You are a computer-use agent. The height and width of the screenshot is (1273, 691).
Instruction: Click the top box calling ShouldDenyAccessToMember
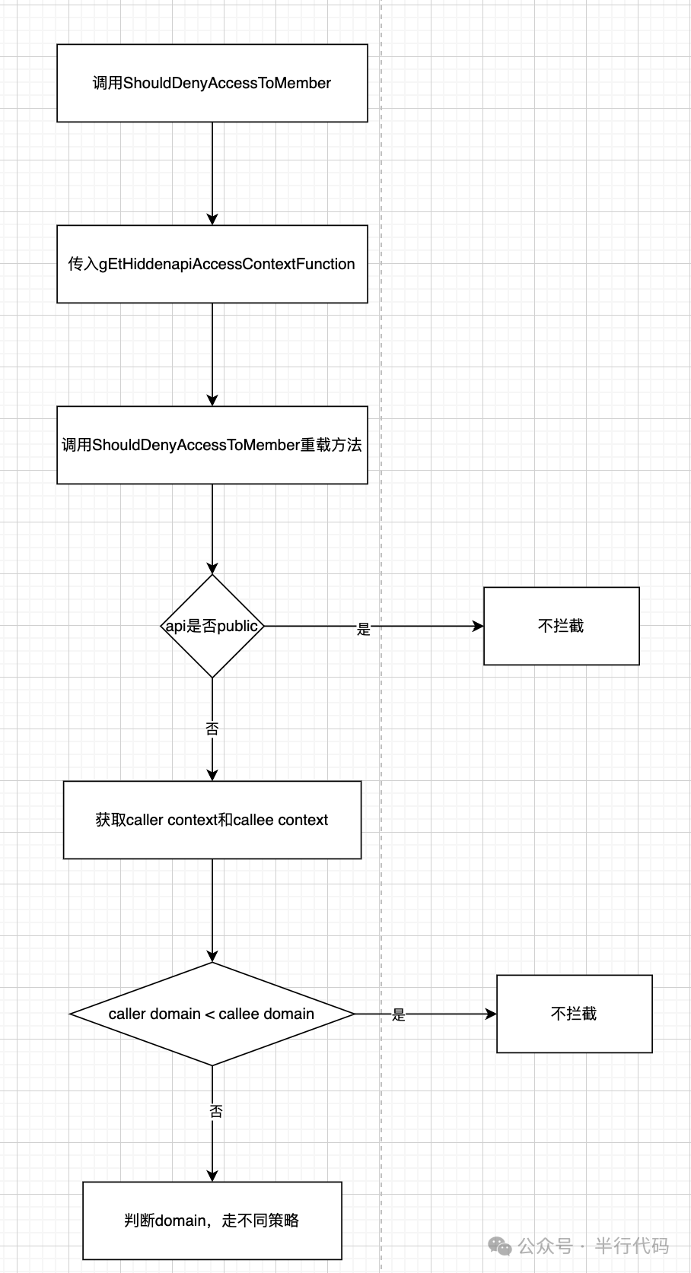pos(212,83)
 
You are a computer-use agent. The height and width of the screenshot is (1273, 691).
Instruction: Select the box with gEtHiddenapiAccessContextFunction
pos(212,264)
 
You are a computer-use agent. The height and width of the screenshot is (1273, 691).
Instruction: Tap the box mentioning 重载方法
pos(212,445)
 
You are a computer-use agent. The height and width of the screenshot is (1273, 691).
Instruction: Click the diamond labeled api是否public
pos(212,626)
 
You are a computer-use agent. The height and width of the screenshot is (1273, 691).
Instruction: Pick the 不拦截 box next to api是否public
pos(561,626)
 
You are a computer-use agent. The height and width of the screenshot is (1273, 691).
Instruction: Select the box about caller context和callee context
pos(212,820)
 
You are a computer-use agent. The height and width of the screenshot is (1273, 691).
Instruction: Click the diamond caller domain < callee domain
pos(212,1014)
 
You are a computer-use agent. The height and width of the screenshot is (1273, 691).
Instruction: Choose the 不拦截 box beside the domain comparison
pos(574,1014)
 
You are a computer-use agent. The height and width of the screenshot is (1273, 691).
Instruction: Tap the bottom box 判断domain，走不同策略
pos(212,1221)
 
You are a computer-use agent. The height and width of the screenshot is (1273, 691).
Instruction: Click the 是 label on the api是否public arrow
pos(364,629)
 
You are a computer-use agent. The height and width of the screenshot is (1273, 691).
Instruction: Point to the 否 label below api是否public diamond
pos(212,729)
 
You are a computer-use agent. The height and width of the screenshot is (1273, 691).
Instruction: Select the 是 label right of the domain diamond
pos(399,1015)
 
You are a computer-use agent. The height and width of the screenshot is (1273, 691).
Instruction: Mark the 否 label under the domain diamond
pos(216,1112)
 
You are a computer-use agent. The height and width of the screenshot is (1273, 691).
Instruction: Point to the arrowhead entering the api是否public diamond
pos(212,567)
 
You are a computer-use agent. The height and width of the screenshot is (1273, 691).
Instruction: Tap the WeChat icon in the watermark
pos(500,1246)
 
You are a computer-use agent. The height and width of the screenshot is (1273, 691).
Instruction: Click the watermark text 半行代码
pos(631,1246)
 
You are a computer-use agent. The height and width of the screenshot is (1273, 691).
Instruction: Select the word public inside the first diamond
pos(237,627)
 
